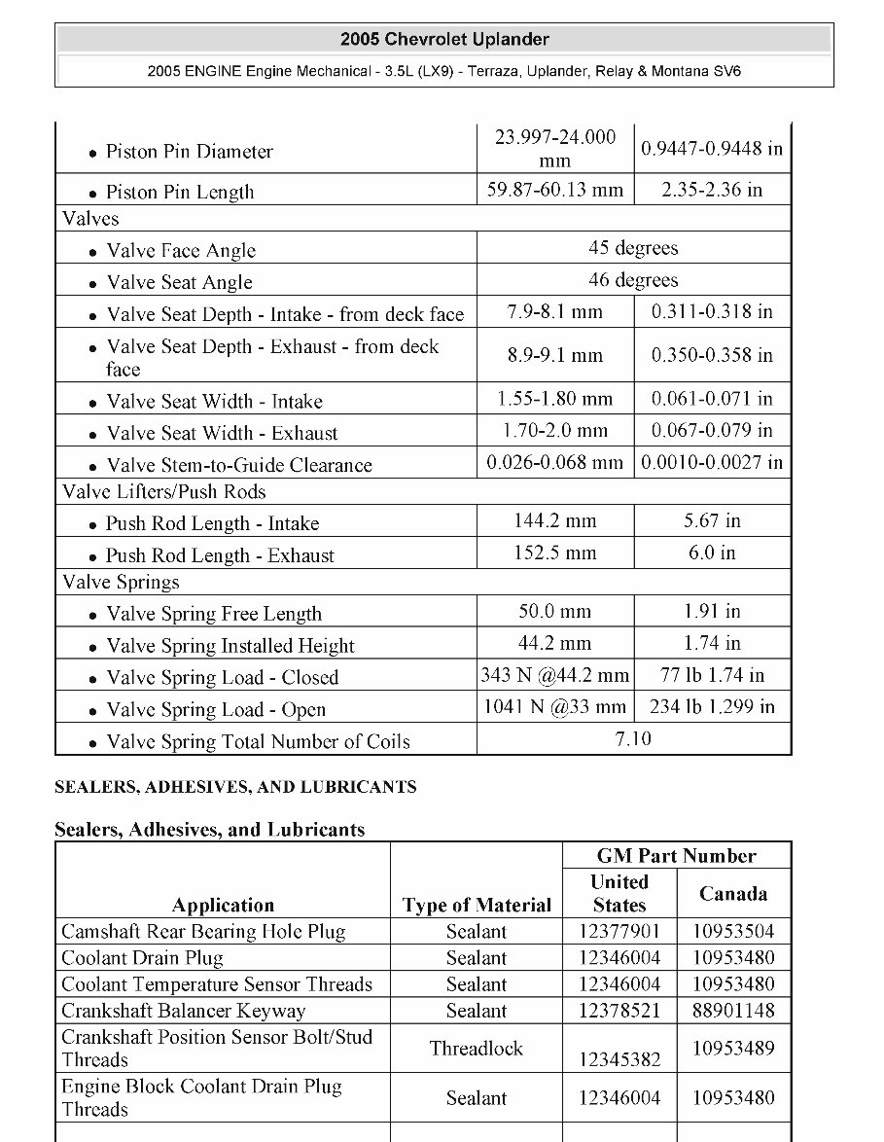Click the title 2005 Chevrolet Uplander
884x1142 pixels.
[x=444, y=40]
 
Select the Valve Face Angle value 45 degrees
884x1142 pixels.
[x=633, y=248]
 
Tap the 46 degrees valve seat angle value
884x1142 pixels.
[x=633, y=280]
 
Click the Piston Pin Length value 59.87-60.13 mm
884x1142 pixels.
[x=555, y=190]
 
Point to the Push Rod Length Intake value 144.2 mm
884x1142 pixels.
[x=555, y=521]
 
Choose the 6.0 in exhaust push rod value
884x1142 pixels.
[x=712, y=553]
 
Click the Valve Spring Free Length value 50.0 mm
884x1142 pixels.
[x=555, y=612]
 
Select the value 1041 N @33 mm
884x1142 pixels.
[x=555, y=707]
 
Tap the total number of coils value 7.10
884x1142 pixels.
[x=633, y=739]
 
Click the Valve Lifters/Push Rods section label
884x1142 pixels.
[x=164, y=492]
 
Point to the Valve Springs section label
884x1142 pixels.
[x=122, y=583]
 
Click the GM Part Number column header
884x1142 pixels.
[x=676, y=856]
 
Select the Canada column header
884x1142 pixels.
[x=733, y=894]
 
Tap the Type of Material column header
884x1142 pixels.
[x=477, y=906]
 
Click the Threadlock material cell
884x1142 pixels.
[x=477, y=1049]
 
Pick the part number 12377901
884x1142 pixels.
[x=619, y=932]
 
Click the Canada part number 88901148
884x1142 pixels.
[x=733, y=1011]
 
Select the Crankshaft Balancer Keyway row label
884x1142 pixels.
[x=184, y=1011]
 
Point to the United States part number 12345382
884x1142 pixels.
[x=619, y=1059]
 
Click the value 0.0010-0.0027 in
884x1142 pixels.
[x=712, y=462]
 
